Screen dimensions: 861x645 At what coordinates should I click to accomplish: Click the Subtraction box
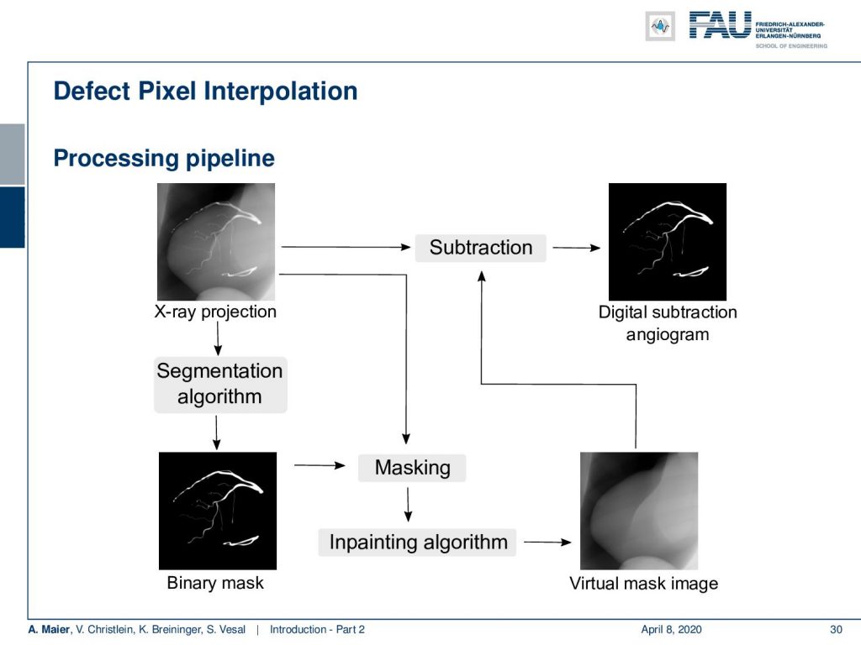coord(480,248)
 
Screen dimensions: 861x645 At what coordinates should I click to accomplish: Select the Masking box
coord(412,468)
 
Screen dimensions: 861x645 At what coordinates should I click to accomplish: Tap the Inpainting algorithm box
coord(417,543)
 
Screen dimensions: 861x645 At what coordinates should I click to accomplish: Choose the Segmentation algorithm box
coord(220,385)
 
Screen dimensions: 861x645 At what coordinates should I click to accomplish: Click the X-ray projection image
coord(216,242)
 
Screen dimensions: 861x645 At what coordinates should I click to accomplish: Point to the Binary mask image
coord(218,511)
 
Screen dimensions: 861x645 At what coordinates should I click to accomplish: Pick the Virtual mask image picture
coord(639,511)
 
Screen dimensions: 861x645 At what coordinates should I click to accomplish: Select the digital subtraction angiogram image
coord(668,242)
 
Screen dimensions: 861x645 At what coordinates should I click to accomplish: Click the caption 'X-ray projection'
coord(215,312)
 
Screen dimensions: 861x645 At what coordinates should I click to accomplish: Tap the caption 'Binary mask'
coord(215,583)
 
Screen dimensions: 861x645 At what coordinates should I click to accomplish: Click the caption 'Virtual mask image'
coord(643,584)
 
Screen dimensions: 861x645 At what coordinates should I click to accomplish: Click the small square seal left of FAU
coord(660,26)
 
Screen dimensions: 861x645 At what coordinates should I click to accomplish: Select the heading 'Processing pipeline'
coord(164,159)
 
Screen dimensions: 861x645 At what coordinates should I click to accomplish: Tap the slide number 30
coord(836,630)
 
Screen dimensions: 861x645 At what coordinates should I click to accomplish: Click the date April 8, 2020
coord(671,630)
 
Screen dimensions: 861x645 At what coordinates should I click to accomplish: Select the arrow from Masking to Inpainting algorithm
coord(408,505)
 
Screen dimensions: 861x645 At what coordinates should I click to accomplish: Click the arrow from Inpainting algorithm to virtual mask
coord(547,543)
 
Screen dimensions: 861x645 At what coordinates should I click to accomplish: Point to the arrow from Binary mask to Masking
coord(320,465)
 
